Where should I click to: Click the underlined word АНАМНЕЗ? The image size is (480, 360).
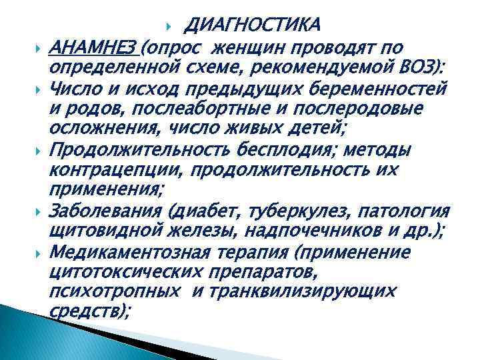click(93, 47)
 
